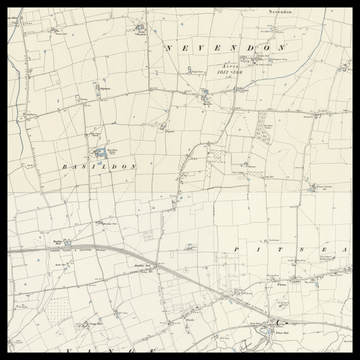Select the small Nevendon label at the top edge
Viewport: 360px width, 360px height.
pos(279,12)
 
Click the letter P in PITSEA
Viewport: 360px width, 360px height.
pos(233,247)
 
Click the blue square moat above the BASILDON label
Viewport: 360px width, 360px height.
pos(100,152)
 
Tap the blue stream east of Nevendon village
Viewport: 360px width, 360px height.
pos(290,60)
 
